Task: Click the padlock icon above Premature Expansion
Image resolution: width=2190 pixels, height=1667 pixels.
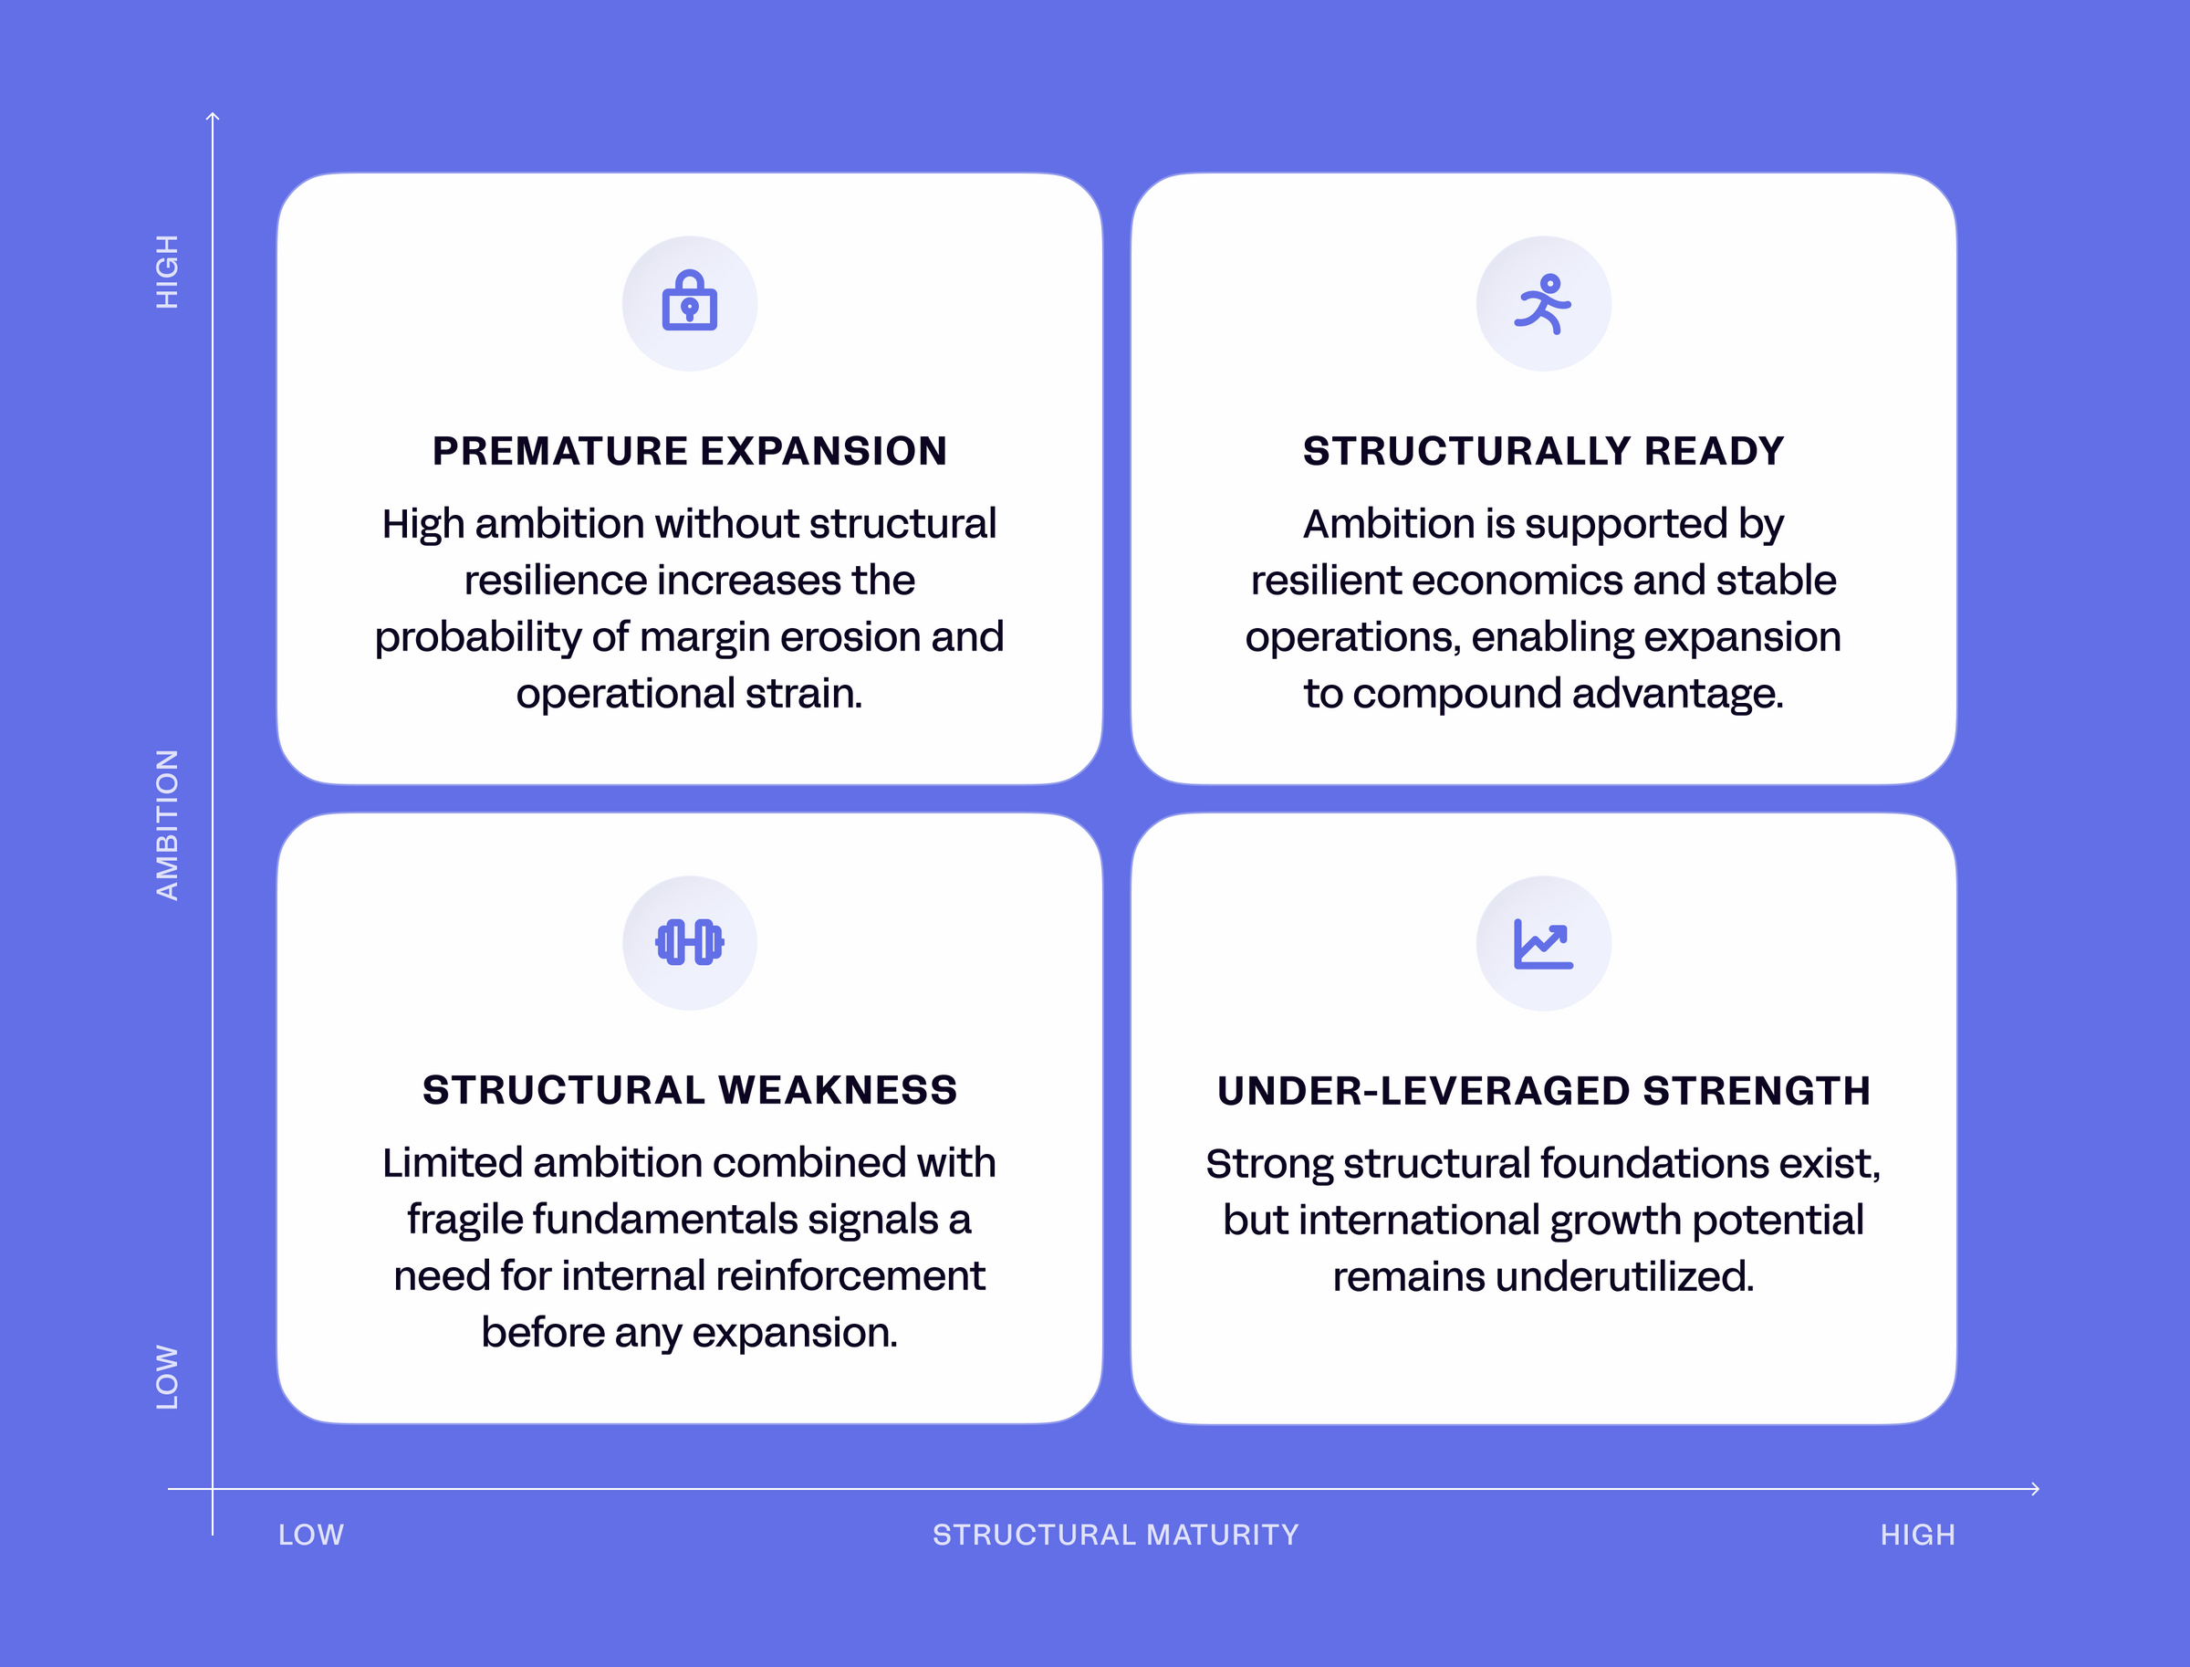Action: tap(689, 300)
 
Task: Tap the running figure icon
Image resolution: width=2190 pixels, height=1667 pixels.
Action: tap(1542, 304)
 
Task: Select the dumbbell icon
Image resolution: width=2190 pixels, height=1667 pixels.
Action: tap(689, 941)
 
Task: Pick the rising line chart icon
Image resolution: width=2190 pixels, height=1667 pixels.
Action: tap(1543, 944)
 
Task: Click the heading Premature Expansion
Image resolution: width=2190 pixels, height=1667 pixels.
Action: tap(689, 450)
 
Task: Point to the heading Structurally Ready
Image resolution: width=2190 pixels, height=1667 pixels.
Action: tap(1543, 450)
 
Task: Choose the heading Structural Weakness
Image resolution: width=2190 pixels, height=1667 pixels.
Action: tap(689, 1089)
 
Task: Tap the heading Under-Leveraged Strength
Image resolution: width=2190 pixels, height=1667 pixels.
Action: tap(1543, 1091)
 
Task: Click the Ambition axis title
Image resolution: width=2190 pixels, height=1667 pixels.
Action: tap(168, 824)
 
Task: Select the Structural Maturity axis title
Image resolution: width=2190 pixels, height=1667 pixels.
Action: tap(1116, 1535)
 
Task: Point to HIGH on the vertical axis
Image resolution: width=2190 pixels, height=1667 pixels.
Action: tap(168, 272)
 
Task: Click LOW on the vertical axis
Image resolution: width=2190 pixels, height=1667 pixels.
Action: tap(168, 1378)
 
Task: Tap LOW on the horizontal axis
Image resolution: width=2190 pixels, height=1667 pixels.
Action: tap(310, 1535)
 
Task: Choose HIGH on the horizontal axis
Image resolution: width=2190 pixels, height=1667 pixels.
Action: tap(1917, 1535)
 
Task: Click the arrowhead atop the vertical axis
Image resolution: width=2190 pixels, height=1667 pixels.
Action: tap(213, 116)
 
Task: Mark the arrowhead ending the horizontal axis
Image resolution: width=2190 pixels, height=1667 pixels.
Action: tap(2035, 1488)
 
